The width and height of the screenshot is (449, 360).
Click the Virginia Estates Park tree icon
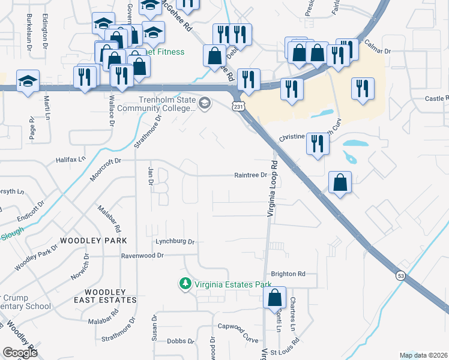(x=186, y=283)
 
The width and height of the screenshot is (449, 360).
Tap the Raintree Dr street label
(x=250, y=175)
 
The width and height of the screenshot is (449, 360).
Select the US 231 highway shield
(x=239, y=106)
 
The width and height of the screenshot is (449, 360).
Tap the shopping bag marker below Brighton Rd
(x=274, y=298)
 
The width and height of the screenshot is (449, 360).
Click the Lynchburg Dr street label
(x=175, y=242)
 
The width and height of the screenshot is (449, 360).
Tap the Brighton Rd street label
(x=288, y=274)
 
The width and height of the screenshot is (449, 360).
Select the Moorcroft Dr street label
(x=106, y=161)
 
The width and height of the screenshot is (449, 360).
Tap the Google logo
(x=20, y=352)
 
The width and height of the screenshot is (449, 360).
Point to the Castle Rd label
(x=436, y=98)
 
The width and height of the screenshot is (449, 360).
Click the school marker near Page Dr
(x=28, y=82)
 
